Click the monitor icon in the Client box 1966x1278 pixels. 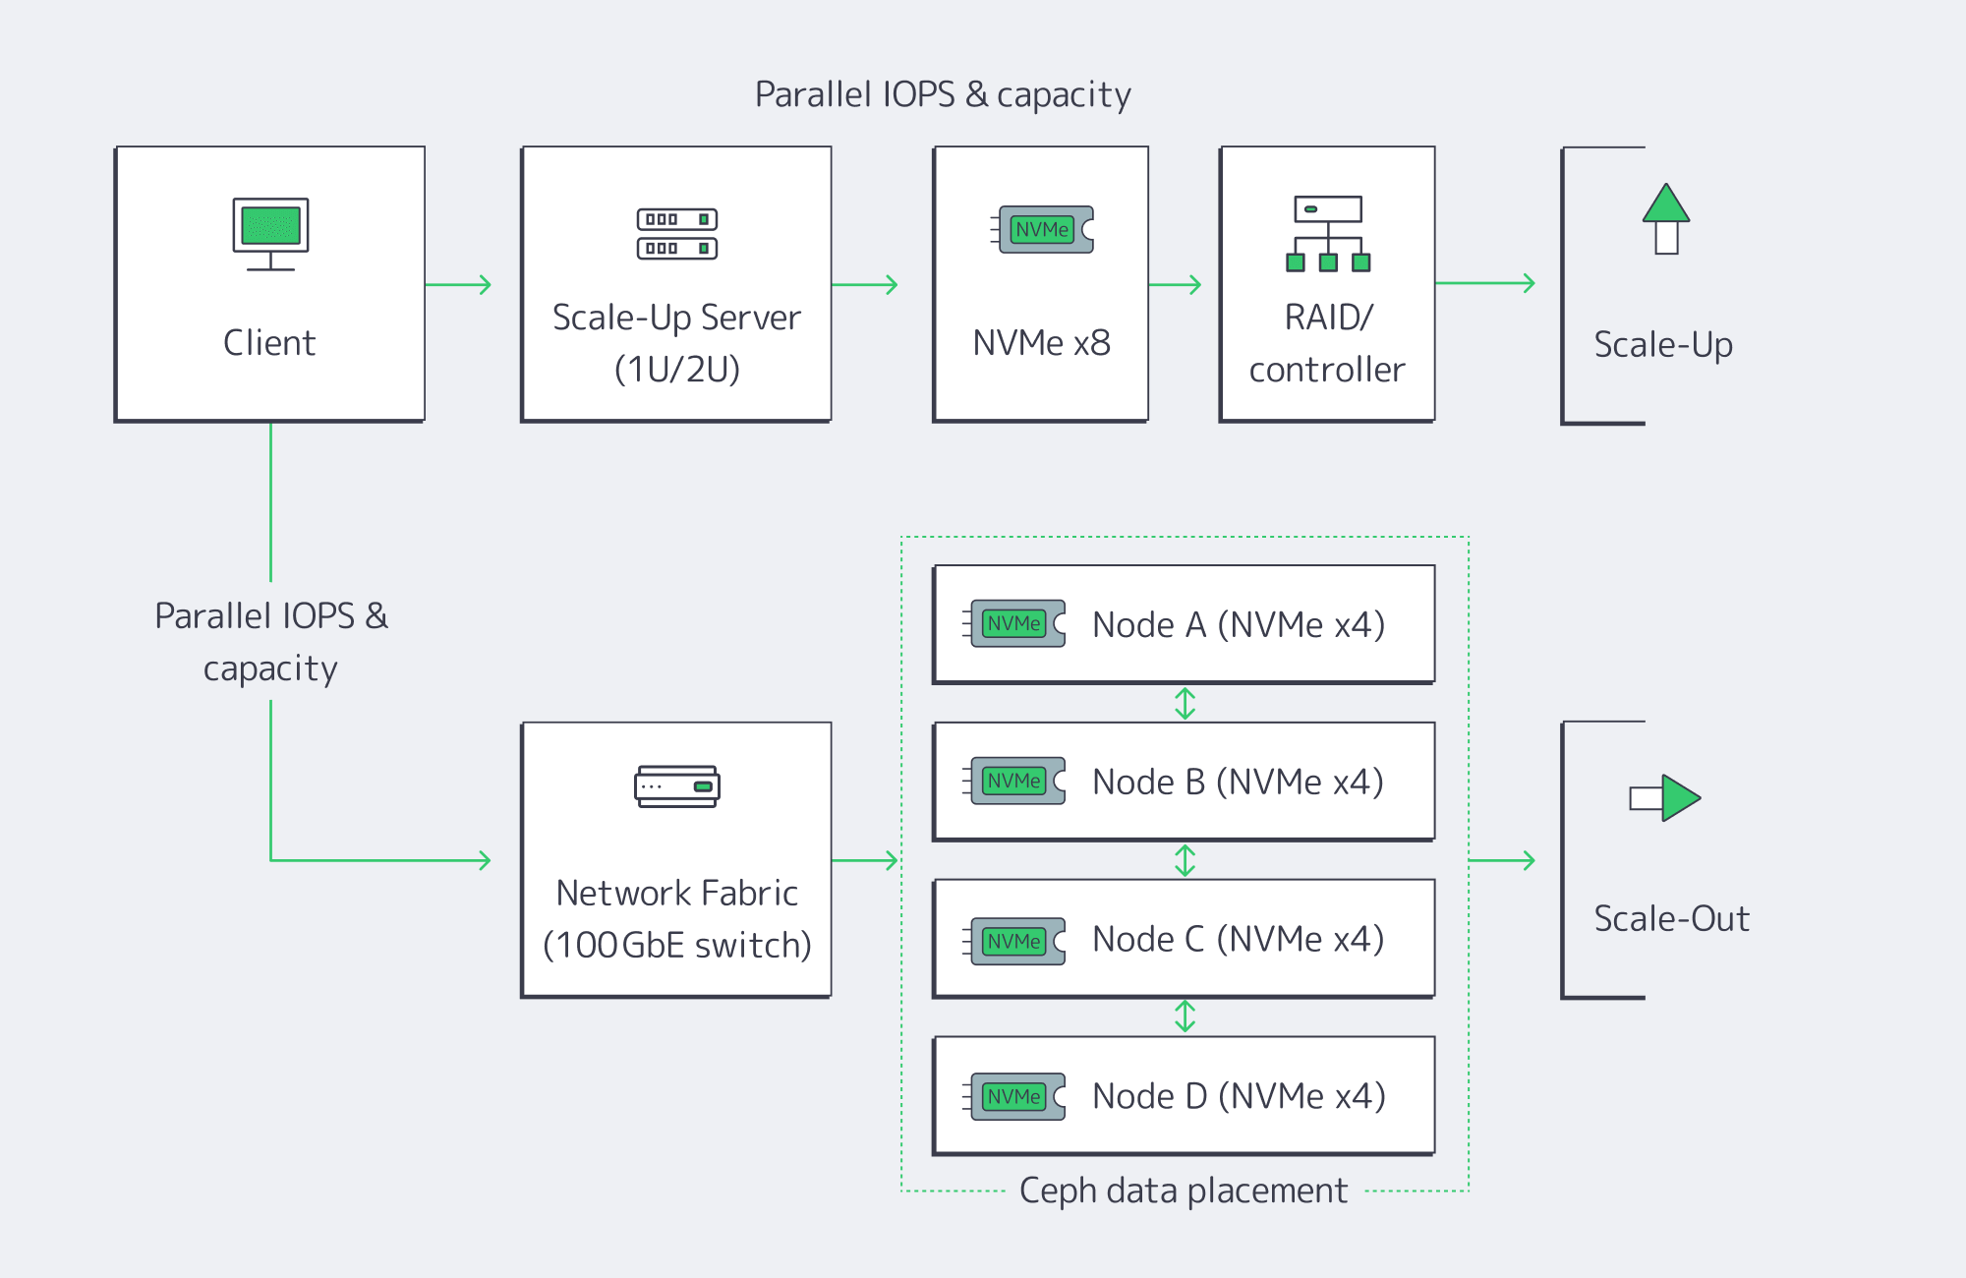pyautogui.click(x=270, y=233)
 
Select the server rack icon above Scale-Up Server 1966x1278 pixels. pyautogui.click(x=677, y=234)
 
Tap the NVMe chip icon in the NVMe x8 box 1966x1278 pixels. pyautogui.click(x=1043, y=229)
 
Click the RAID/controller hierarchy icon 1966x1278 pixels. pyautogui.click(x=1328, y=234)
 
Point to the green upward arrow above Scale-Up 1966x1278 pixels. pyautogui.click(x=1666, y=218)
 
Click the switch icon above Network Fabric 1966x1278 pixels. pyautogui.click(x=677, y=786)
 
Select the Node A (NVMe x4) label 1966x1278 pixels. pyautogui.click(x=1239, y=625)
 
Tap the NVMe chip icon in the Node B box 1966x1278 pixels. pyautogui.click(x=1015, y=781)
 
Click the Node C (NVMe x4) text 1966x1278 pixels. pyautogui.click(x=1239, y=940)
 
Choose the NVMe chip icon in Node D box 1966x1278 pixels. pyautogui.click(x=1015, y=1096)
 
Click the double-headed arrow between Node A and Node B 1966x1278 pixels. pyautogui.click(x=1185, y=703)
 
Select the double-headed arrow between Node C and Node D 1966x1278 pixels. pyautogui.click(x=1185, y=1017)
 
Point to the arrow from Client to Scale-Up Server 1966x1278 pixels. pyautogui.click(x=458, y=285)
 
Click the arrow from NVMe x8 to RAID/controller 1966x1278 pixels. pyautogui.click(x=1176, y=285)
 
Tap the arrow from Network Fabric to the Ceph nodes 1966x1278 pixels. pyautogui.click(x=865, y=860)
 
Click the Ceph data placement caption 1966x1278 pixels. pyautogui.click(x=1184, y=1191)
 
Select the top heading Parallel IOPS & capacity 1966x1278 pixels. pyautogui.click(x=943, y=94)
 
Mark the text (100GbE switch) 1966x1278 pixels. pyautogui.click(x=677, y=946)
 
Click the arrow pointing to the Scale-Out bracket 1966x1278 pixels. pyautogui.click(x=1502, y=860)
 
